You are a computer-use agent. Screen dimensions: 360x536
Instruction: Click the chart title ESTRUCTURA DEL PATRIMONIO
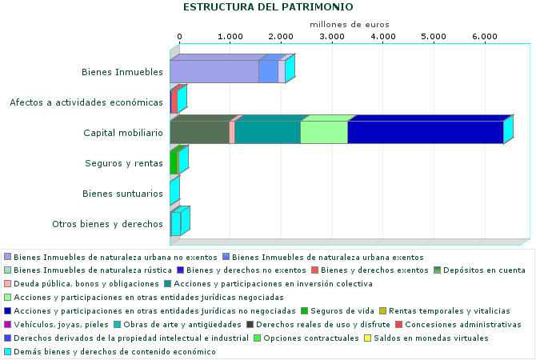click(268, 7)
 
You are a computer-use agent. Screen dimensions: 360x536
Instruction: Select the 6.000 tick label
click(484, 37)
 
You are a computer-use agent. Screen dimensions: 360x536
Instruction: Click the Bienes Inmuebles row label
click(122, 73)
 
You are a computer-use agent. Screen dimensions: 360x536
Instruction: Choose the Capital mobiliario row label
click(123, 133)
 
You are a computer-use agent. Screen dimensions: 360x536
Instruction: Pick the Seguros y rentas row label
click(124, 163)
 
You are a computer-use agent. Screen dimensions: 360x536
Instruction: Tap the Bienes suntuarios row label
click(123, 194)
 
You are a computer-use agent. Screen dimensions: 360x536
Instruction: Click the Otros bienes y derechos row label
click(107, 224)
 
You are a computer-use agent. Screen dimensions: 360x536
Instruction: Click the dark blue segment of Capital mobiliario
click(425, 132)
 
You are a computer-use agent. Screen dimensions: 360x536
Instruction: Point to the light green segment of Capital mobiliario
click(323, 132)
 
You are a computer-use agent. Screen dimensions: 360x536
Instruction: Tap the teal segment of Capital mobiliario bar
click(267, 132)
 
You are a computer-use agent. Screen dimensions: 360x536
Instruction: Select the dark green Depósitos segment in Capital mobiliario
click(199, 132)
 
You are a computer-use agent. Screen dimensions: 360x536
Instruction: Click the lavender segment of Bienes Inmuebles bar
click(214, 72)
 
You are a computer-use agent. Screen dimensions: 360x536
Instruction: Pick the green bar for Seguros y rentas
click(174, 162)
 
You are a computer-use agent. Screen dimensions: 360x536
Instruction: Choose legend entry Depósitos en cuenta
click(485, 270)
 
